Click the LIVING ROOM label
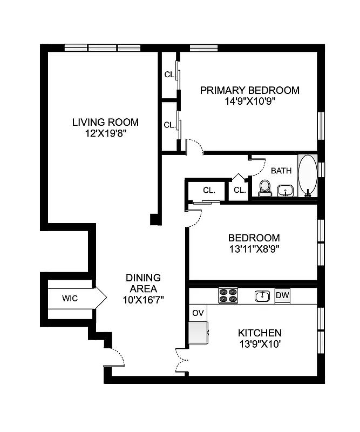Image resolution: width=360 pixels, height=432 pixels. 105,122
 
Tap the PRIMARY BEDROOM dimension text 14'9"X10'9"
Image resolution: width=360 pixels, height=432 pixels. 249,100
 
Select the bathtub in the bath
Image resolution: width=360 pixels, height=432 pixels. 308,175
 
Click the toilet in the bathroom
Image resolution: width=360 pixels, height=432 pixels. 265,188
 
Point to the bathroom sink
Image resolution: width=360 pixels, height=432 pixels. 286,191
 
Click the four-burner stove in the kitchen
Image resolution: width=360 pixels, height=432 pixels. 228,295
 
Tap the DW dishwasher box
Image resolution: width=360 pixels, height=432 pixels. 282,295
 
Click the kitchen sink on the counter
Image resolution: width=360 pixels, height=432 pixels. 262,295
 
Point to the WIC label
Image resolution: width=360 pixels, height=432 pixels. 70,298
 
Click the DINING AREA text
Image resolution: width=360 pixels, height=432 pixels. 143,283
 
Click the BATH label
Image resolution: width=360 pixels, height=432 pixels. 281,171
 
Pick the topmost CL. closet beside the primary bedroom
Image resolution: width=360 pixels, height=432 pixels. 169,75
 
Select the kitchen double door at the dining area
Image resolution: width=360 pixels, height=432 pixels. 182,359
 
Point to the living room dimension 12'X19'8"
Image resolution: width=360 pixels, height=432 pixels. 105,132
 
